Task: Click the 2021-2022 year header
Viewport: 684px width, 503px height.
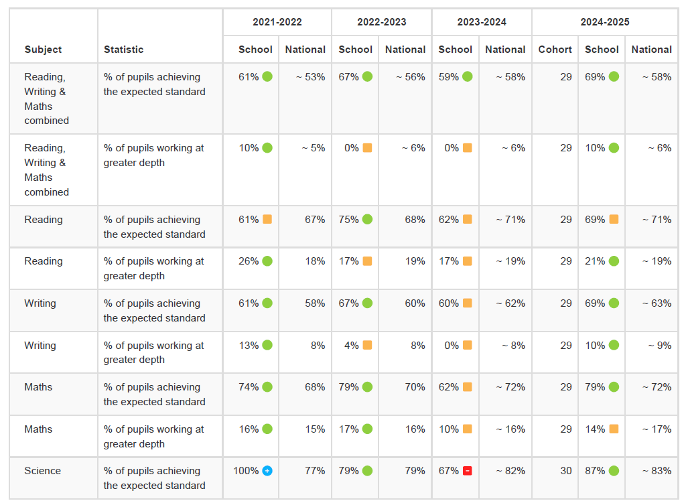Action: (277, 22)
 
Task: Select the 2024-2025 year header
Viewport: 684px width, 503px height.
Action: (604, 22)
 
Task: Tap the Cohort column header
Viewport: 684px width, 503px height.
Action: (555, 50)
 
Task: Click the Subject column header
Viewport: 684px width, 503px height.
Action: (43, 50)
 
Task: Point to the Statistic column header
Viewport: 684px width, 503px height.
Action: (123, 50)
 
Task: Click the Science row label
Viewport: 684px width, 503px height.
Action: (42, 471)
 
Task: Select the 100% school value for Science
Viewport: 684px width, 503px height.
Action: (245, 471)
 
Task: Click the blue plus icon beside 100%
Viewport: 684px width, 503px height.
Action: (267, 471)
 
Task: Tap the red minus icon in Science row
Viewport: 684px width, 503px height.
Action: (467, 471)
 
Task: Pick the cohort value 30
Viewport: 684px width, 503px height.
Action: (565, 471)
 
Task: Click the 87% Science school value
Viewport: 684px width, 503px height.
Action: (594, 471)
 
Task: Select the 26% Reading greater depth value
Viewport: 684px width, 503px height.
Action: (249, 261)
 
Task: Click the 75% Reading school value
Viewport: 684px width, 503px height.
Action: (348, 220)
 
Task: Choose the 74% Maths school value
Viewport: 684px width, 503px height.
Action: (249, 387)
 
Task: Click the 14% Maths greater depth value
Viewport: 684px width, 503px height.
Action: (594, 429)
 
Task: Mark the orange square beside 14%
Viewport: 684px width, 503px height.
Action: (614, 429)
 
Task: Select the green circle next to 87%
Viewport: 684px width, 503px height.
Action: (614, 471)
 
